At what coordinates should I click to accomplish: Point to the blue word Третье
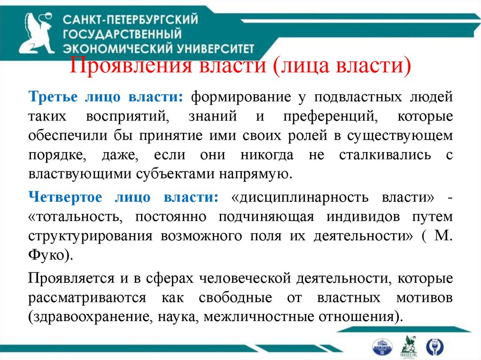[52, 98]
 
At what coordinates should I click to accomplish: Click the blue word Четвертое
[65, 197]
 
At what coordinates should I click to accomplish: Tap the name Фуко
[47, 255]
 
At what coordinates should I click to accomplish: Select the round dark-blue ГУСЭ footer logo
[432, 346]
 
